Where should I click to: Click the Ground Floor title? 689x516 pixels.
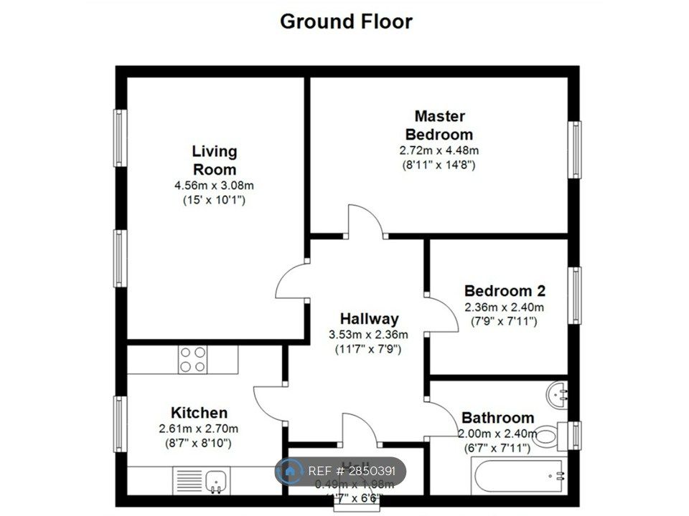click(x=346, y=21)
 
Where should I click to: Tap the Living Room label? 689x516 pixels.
click(x=214, y=161)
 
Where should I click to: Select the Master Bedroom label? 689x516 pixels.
click(x=439, y=125)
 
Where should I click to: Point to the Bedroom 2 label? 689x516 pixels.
click(x=505, y=291)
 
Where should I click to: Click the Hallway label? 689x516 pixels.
click(x=369, y=319)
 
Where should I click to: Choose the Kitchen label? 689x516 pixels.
click(x=199, y=413)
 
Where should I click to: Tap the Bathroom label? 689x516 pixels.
click(x=497, y=418)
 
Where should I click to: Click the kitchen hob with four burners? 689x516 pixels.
click(x=192, y=359)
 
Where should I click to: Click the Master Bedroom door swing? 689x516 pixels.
click(x=365, y=220)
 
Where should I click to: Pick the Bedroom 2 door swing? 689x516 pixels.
click(x=443, y=315)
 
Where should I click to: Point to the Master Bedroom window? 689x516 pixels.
click(x=574, y=149)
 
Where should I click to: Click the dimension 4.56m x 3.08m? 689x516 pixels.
click(x=214, y=186)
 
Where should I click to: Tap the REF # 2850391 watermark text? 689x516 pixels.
click(x=352, y=472)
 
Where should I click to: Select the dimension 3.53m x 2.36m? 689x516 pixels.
click(x=368, y=335)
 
